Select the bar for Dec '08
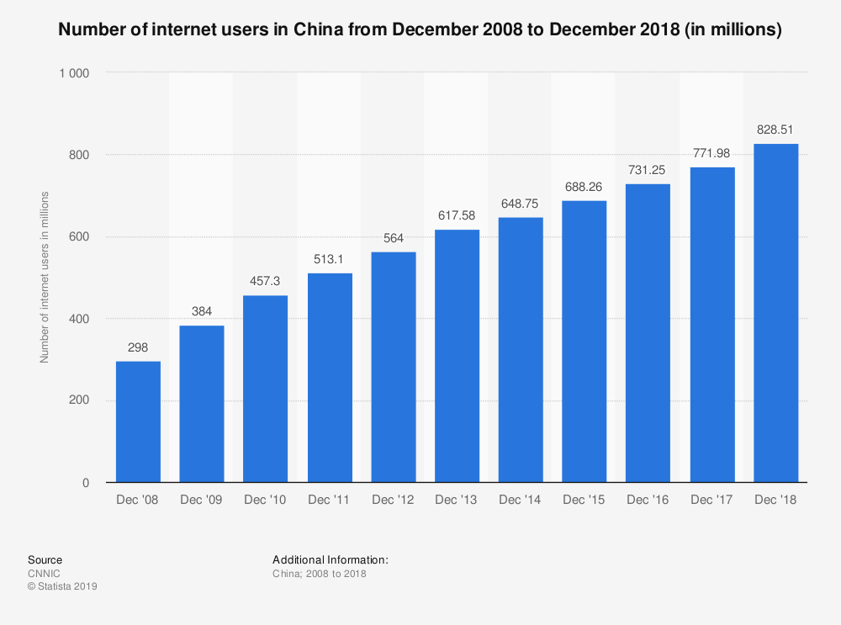click(138, 421)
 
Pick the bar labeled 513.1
click(330, 378)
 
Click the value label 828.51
click(775, 130)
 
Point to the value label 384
click(202, 311)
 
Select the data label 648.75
click(521, 204)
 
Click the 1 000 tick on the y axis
click(74, 73)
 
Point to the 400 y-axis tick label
click(79, 319)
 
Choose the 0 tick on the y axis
click(86, 483)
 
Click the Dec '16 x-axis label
click(648, 501)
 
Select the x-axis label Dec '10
click(266, 501)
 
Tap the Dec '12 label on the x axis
click(393, 501)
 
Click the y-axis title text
click(45, 278)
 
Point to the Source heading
click(45, 559)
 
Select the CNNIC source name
click(44, 574)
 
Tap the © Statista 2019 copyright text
click(62, 587)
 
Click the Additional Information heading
click(330, 559)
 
